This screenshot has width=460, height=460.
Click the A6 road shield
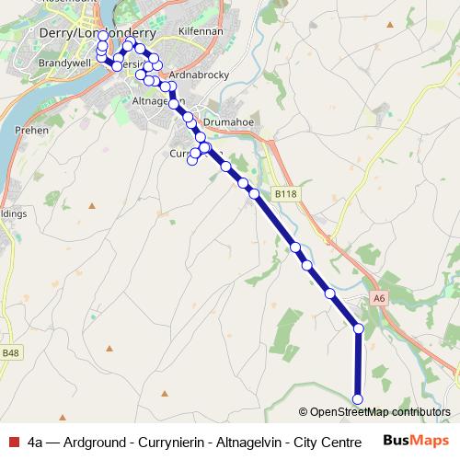[380, 298]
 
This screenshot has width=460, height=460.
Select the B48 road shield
[10, 353]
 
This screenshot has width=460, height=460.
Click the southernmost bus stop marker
[358, 398]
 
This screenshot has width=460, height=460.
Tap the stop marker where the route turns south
[358, 328]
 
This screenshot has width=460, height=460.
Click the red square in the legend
[11, 442]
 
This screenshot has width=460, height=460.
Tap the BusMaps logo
[413, 441]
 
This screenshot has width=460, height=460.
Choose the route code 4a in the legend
[36, 442]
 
